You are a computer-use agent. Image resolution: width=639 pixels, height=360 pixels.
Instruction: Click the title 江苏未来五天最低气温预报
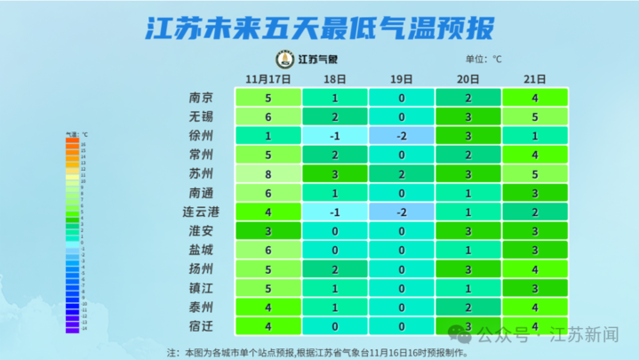319,28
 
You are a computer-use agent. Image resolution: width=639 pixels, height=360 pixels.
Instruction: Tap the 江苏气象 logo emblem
284,60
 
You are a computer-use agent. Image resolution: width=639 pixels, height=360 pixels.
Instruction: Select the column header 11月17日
268,79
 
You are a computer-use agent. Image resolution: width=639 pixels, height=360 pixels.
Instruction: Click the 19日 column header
402,79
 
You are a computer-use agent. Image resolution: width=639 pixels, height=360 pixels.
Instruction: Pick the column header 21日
535,79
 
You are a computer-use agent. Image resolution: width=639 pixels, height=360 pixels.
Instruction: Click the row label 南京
201,98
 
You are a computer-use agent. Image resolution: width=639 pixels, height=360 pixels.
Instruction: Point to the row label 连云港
201,212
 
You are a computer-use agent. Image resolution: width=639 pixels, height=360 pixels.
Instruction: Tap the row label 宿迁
201,325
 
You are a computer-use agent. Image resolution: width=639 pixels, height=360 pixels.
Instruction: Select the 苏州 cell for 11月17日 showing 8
268,174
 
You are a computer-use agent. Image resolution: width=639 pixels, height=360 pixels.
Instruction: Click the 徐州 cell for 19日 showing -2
402,136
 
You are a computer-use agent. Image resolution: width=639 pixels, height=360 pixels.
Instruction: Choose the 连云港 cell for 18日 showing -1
334,212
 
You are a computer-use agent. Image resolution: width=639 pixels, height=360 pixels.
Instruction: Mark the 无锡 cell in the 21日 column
535,116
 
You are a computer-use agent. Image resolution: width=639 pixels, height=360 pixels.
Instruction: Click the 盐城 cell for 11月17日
268,251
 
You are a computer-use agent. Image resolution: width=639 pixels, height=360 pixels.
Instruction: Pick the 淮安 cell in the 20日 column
468,231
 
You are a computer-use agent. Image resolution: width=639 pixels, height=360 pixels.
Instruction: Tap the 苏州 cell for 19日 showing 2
402,174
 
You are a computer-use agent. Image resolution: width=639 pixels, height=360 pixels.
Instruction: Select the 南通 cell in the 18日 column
334,193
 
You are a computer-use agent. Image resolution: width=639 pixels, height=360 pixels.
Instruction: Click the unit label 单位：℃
483,60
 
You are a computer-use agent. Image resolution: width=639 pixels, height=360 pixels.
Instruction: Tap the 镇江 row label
201,288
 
